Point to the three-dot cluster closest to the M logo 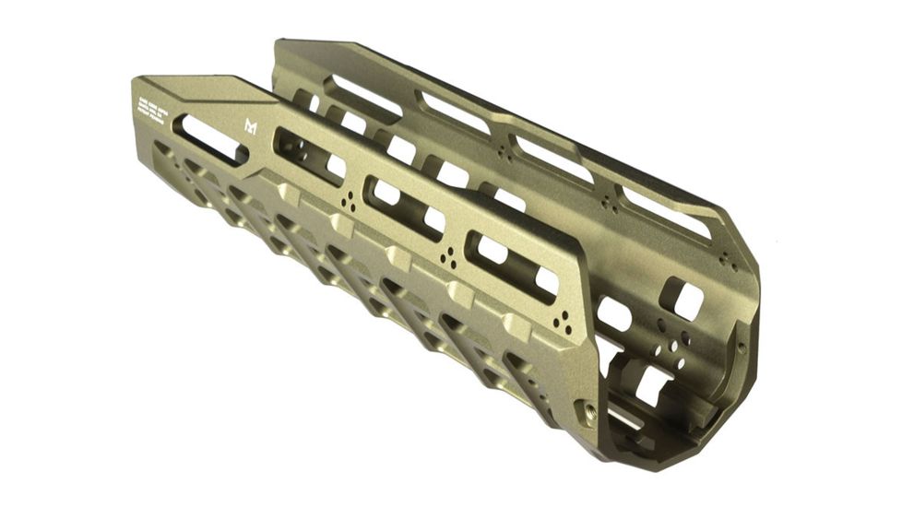point(348,202)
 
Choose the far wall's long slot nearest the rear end point(365,95)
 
